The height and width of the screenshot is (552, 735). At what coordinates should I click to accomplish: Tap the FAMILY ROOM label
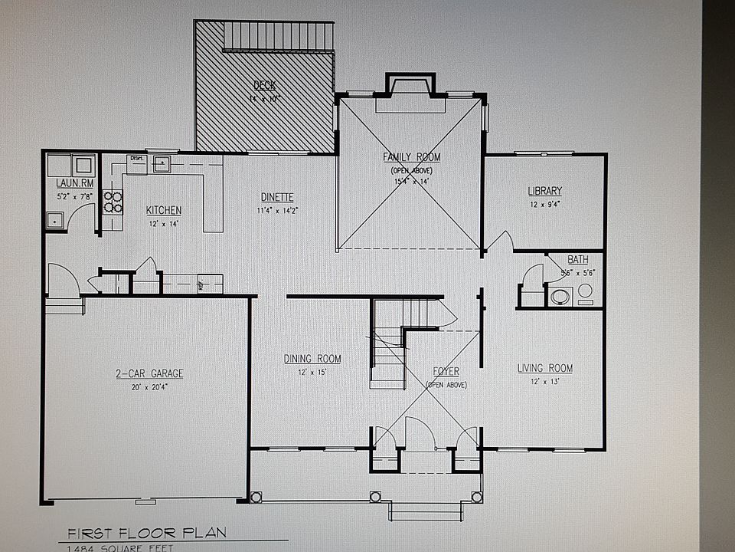coord(412,157)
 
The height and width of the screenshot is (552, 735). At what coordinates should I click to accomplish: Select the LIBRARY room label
coord(544,191)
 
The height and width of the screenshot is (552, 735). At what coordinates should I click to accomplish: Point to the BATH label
coord(578,260)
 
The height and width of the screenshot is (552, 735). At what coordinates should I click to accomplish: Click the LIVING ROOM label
coord(544,368)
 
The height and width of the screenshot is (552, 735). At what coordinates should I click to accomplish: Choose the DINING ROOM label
coord(312,359)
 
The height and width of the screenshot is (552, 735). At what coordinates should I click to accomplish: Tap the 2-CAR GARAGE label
coord(149,373)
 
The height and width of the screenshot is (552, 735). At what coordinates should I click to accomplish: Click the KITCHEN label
coord(164,210)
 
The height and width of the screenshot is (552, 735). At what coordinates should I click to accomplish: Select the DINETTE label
coord(276,197)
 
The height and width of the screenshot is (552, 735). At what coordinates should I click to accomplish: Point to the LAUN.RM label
coord(69,183)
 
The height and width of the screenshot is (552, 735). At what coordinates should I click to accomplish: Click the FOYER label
coord(446,372)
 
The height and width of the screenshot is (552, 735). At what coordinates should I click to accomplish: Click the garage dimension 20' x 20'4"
coord(149,386)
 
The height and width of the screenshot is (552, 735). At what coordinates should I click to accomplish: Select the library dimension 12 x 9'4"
coord(544,204)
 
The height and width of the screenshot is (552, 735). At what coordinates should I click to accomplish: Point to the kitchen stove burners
coord(113,201)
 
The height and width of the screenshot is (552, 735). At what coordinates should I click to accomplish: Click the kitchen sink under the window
coord(162,163)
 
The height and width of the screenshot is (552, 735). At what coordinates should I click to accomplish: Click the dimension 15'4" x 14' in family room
coord(412,181)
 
